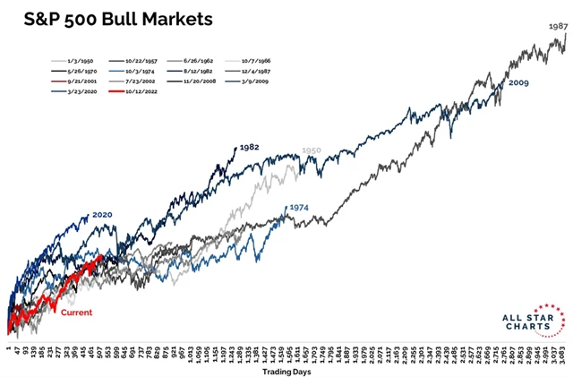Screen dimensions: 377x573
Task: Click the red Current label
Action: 76,313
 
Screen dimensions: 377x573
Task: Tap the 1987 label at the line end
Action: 556,28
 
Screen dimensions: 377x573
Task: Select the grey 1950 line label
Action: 311,151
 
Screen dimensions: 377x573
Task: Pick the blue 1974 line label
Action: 298,208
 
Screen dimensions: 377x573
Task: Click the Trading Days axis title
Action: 285,369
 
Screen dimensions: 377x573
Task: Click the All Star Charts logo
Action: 535,321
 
